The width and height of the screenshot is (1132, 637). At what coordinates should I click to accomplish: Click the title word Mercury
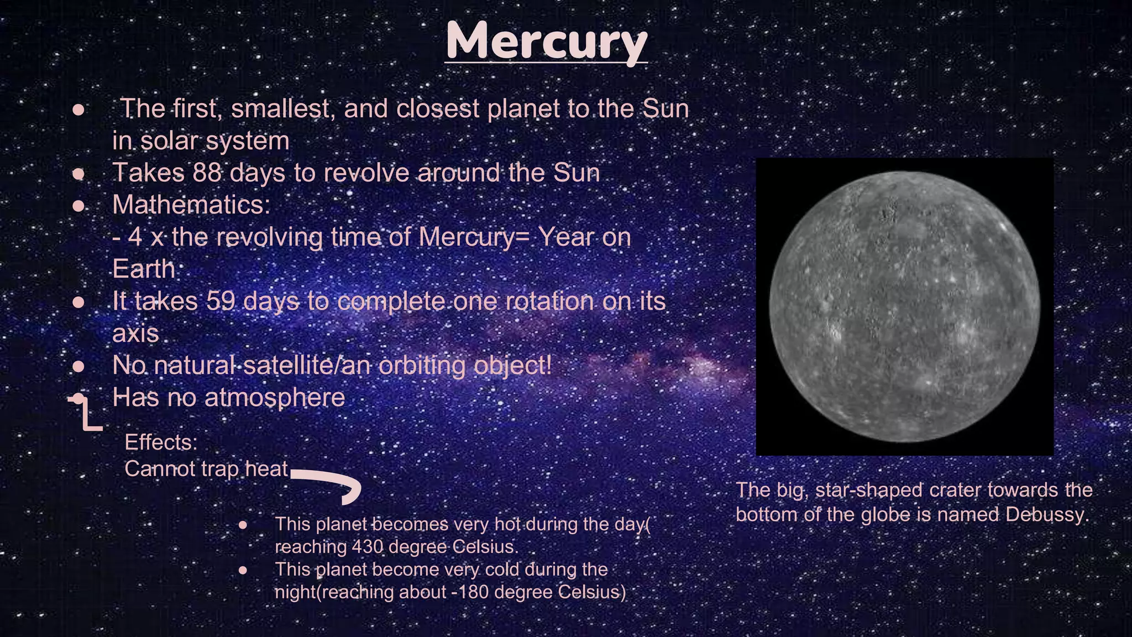pos(546,41)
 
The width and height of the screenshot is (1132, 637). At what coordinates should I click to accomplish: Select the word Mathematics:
pos(191,205)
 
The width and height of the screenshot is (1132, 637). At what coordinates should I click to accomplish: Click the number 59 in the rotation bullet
pos(221,301)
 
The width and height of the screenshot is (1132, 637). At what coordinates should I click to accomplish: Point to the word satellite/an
pos(308,366)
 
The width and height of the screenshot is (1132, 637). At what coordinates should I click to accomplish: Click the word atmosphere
pos(275,398)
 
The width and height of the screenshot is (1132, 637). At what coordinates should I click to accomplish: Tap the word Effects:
pos(161,442)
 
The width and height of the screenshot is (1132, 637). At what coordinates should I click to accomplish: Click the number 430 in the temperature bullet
pos(367,547)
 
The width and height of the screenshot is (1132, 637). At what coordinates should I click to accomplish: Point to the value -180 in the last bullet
pos(470,592)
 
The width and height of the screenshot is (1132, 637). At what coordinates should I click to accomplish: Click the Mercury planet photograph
pos(904,307)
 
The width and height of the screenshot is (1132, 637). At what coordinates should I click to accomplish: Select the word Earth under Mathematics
pos(144,269)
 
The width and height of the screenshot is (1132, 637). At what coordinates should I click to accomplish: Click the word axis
pos(135,333)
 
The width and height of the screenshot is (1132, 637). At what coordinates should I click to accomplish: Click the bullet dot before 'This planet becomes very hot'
pos(243,525)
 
